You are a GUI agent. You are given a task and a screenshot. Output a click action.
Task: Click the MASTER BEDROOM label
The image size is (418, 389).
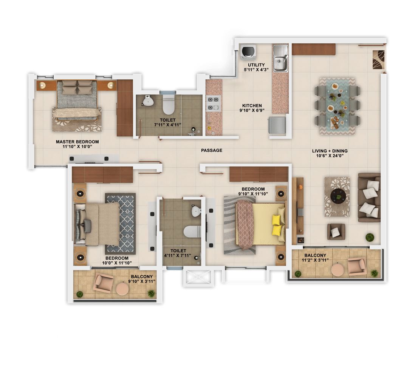(77, 142)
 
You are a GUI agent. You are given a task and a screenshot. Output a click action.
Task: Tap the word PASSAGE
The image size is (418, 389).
(212, 150)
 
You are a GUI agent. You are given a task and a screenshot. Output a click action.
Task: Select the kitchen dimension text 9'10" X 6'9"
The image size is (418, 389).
(252, 110)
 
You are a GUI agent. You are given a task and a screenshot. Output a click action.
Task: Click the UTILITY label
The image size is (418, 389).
(256, 65)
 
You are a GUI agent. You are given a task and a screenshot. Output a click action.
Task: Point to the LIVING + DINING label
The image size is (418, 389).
(330, 151)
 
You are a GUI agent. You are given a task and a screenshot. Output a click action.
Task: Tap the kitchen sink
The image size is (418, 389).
(280, 58)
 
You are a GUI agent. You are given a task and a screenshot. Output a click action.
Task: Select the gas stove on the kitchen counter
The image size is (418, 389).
(213, 103)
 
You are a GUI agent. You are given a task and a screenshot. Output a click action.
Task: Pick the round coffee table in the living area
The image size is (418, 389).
(338, 196)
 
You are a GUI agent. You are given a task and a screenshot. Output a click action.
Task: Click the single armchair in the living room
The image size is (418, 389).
(336, 231)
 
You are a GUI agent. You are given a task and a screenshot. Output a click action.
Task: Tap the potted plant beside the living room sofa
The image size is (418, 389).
(370, 237)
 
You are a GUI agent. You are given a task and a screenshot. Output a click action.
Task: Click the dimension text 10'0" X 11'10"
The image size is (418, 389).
(117, 263)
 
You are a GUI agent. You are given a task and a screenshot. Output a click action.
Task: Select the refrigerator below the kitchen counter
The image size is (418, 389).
(277, 125)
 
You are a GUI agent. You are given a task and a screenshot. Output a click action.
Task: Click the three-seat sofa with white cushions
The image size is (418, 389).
(369, 198)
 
